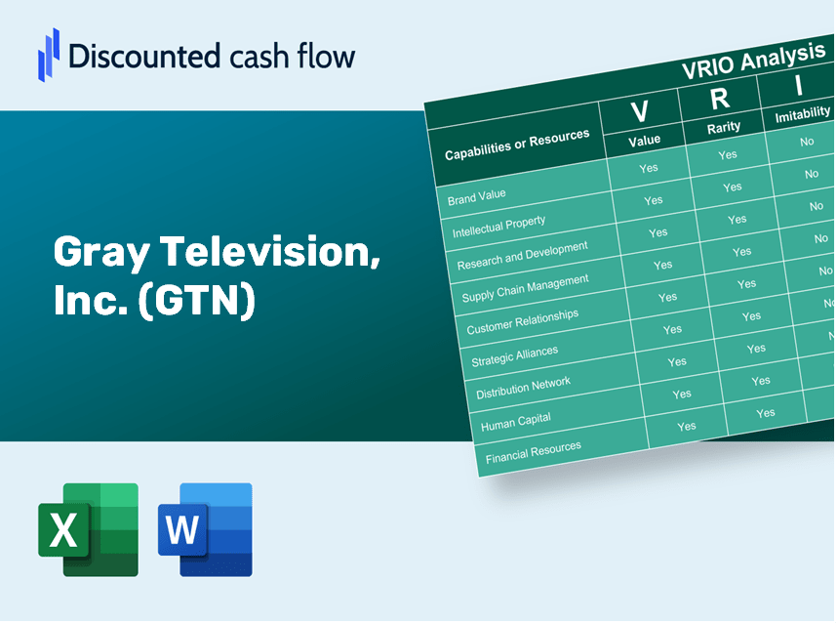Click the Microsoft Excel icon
click(x=88, y=529)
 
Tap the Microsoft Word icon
click(x=205, y=529)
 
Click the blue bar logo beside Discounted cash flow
click(x=49, y=55)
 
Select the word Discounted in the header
click(x=144, y=56)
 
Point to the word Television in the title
click(x=269, y=252)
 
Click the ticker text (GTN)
click(x=196, y=300)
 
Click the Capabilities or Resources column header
click(x=517, y=145)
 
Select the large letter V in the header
click(x=639, y=111)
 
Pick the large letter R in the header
click(x=719, y=99)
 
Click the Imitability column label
click(x=802, y=114)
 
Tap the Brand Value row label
click(x=476, y=196)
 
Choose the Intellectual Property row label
click(x=498, y=227)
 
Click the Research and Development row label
click(x=522, y=256)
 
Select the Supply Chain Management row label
click(x=525, y=288)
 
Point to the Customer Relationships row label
click(x=522, y=321)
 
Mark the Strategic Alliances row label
click(x=514, y=355)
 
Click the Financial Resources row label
click(x=533, y=452)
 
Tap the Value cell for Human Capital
click(x=681, y=395)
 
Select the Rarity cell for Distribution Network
click(x=760, y=381)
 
